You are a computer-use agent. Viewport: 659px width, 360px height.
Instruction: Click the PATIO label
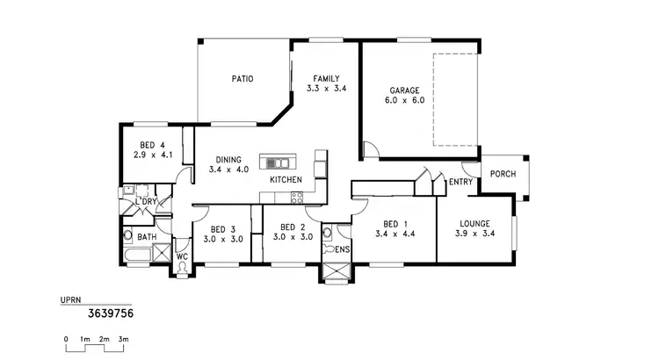(243, 78)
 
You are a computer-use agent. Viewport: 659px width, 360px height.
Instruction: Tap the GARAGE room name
(405, 90)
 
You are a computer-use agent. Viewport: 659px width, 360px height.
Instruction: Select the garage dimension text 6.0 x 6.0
(405, 101)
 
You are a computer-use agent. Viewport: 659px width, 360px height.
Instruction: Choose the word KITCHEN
(286, 179)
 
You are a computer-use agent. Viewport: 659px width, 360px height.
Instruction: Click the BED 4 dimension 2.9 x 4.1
(152, 155)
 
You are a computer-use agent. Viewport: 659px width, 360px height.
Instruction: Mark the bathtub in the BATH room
(137, 256)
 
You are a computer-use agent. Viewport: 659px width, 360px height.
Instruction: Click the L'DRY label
(145, 203)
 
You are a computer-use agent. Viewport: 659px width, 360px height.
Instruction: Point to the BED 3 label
(222, 226)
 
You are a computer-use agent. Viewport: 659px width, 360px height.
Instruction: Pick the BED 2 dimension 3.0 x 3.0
(293, 237)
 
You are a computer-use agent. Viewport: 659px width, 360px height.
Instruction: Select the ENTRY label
(460, 183)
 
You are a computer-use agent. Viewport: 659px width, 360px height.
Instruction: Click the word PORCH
(503, 173)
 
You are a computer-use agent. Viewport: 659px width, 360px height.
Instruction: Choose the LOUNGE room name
(474, 223)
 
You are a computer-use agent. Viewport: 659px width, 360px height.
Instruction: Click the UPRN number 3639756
(111, 311)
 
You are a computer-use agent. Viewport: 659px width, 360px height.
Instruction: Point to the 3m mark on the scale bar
(124, 338)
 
